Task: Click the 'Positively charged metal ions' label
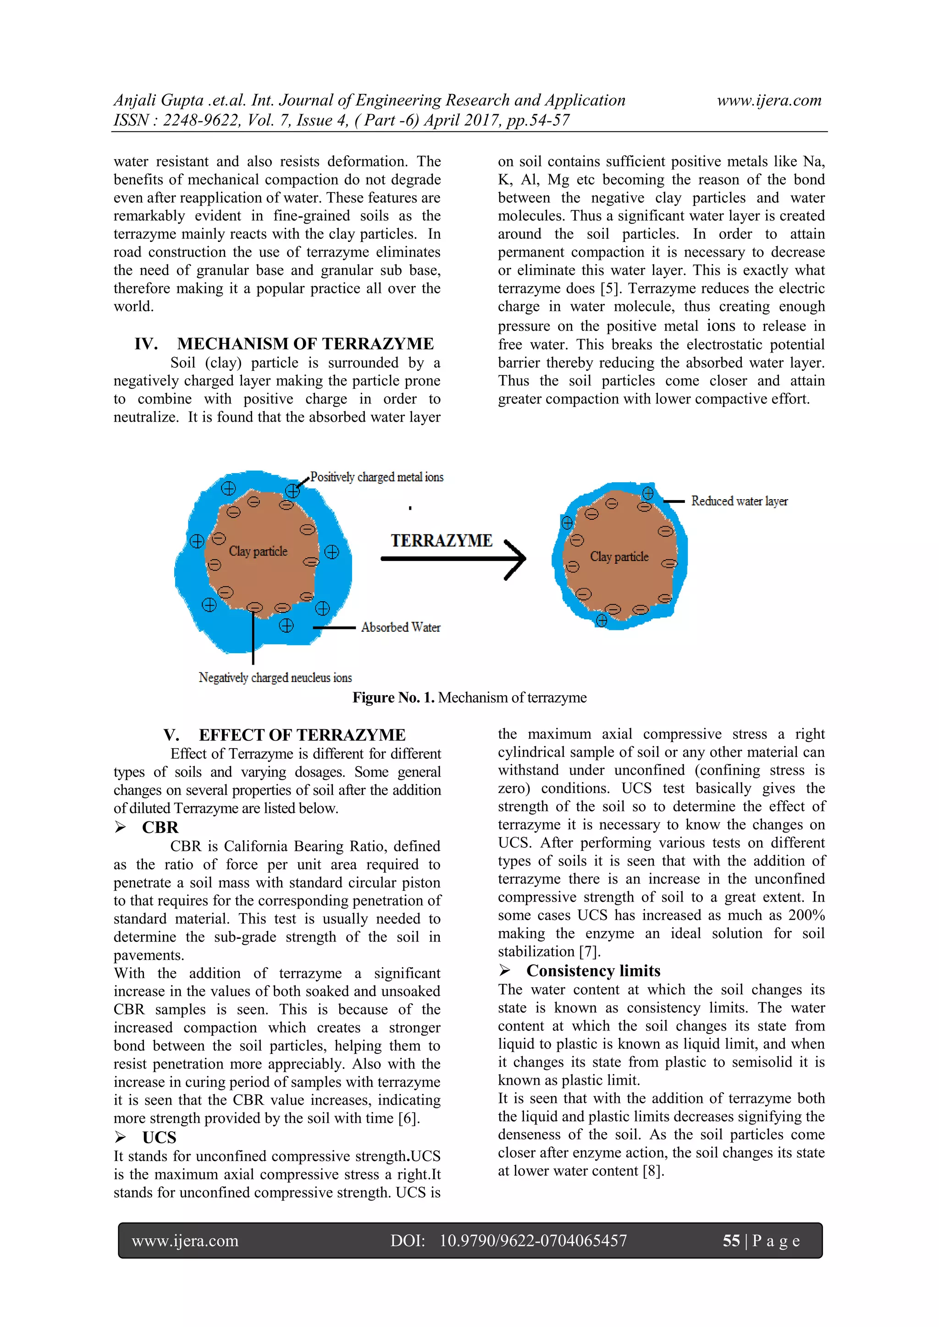pos(376,477)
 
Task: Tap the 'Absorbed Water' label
pos(400,627)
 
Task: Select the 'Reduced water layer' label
pos(739,501)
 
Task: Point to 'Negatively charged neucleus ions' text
pos(275,677)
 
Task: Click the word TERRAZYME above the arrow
pos(441,540)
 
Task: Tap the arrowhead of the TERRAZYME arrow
pos(518,558)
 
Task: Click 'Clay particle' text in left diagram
pos(258,551)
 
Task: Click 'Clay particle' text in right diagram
pos(619,556)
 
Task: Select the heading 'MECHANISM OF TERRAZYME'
pos(305,344)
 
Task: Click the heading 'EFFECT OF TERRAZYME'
pos(302,735)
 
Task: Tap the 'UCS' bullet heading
pos(159,1137)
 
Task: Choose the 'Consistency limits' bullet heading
pos(593,970)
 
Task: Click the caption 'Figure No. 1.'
pos(393,698)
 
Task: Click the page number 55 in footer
pos(731,1240)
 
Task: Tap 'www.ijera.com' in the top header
pos(768,100)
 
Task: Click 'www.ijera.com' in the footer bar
pos(185,1240)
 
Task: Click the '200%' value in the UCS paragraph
pos(806,915)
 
